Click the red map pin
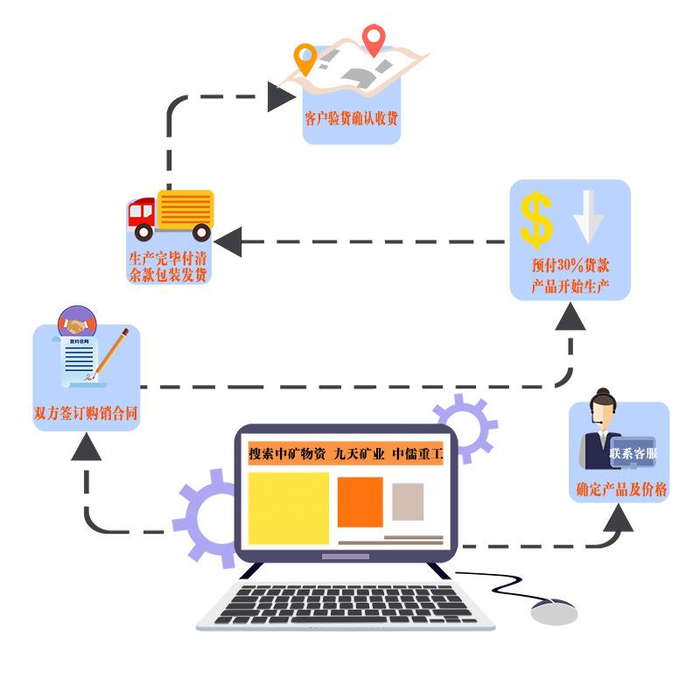pyautogui.click(x=374, y=38)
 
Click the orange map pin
pyautogui.click(x=304, y=58)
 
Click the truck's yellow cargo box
pyautogui.click(x=185, y=210)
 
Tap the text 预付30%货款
pyautogui.click(x=570, y=266)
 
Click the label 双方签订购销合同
pyautogui.click(x=85, y=414)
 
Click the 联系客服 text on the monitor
pyautogui.click(x=633, y=454)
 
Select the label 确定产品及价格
pyautogui.click(x=621, y=491)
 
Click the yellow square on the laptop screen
pyautogui.click(x=288, y=507)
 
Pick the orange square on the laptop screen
pyautogui.click(x=360, y=501)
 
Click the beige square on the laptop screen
pyautogui.click(x=408, y=501)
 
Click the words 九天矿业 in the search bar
pyautogui.click(x=359, y=454)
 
